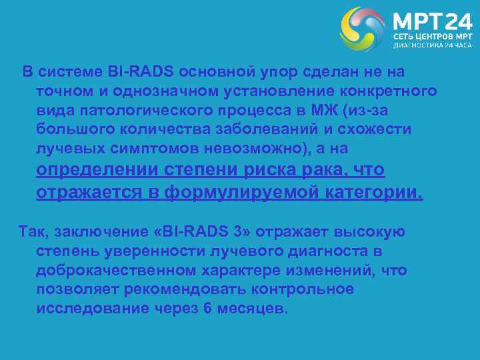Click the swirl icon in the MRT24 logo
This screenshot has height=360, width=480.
(363, 29)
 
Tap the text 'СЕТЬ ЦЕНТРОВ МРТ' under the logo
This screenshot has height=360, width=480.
(431, 35)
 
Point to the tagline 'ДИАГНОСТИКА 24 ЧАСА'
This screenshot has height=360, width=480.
(431, 46)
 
